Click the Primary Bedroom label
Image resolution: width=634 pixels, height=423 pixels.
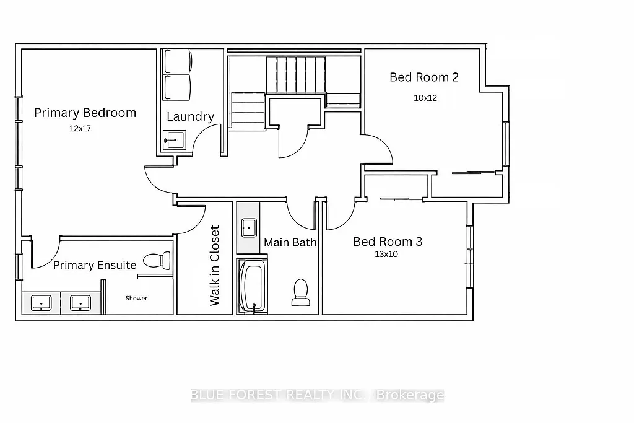(x=85, y=113)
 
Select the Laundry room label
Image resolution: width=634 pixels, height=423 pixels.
(x=190, y=116)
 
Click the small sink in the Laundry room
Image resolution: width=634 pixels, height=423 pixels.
(x=173, y=141)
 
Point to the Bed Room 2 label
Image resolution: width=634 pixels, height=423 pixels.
(x=424, y=77)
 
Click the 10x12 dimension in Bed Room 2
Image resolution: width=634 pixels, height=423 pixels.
(x=425, y=98)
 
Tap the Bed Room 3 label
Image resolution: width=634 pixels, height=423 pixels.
(x=388, y=242)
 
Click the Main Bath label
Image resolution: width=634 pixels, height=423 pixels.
(x=290, y=242)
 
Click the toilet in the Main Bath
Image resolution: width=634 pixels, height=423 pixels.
(x=300, y=292)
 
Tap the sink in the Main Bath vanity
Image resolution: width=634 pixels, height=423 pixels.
(x=249, y=228)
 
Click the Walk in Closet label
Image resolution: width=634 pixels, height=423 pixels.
(x=215, y=265)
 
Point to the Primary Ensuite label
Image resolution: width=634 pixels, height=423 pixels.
(x=94, y=265)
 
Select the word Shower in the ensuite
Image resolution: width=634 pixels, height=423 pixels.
(x=136, y=298)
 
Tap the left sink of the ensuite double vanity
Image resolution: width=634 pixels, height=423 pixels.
(x=41, y=303)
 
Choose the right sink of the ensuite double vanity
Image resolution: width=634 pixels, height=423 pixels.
(x=80, y=303)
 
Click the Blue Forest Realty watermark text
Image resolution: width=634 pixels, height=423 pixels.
(x=316, y=395)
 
